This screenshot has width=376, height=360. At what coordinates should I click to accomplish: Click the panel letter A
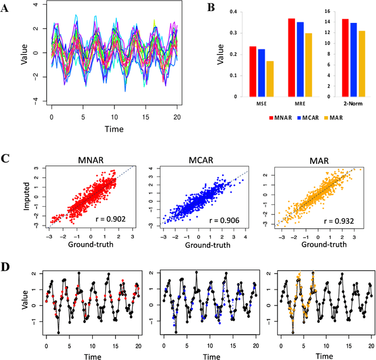pyautogui.click(x=8, y=9)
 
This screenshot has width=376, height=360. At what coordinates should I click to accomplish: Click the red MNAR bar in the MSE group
pyautogui.click(x=253, y=72)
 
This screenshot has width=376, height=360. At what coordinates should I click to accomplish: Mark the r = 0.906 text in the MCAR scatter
pyautogui.click(x=234, y=221)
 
